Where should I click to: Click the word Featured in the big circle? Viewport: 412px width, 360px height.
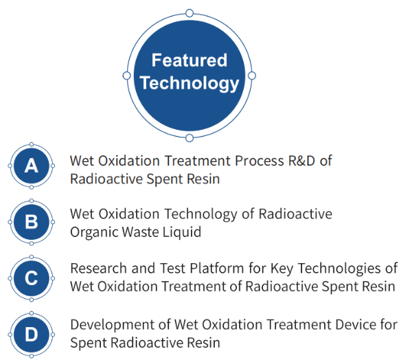pos(190,60)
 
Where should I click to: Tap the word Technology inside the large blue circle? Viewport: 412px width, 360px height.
pos(190,84)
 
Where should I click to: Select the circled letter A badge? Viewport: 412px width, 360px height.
pos(32,166)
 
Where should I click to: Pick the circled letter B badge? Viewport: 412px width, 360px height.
pos(32,222)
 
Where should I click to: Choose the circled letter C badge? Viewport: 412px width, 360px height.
pos(32,278)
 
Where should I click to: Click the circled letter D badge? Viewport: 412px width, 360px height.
pos(32,335)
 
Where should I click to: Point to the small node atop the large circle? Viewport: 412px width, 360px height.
pos(190,13)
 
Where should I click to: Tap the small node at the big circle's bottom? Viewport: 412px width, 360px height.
pos(190,138)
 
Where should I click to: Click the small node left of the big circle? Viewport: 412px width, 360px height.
pos(126,76)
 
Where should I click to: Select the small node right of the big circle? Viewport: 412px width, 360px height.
pos(252,76)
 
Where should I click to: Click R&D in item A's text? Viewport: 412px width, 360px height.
pos(301,161)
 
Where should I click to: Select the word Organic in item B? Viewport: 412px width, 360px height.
pos(94,232)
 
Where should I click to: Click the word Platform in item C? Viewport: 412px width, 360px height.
pos(217,269)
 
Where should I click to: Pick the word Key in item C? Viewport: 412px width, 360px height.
pos(282,269)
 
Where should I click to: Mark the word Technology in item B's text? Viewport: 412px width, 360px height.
pos(201,214)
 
